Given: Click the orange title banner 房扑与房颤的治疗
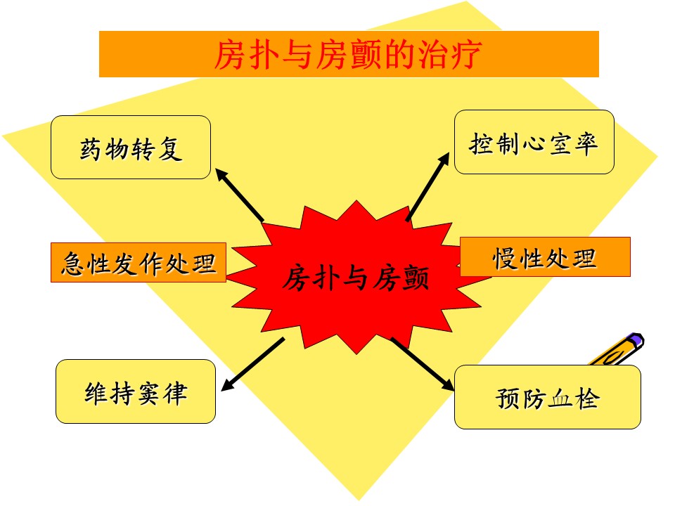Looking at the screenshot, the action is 349,54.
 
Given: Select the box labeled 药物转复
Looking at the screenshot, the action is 131,147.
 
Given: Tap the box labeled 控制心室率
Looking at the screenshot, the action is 534,142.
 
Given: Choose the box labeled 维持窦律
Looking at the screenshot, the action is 136,391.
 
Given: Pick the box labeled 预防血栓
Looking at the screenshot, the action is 548,397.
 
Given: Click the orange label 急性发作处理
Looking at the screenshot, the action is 139,262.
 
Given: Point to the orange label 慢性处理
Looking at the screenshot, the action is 545,257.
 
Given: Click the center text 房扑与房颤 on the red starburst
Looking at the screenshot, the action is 356,278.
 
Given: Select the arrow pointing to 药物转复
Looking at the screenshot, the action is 239,195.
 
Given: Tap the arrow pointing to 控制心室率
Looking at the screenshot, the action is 428,187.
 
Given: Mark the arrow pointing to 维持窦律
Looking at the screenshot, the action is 252,364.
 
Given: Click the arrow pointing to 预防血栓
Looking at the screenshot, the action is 423,365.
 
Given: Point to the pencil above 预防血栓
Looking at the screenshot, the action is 617,349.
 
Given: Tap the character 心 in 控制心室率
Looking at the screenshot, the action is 534,143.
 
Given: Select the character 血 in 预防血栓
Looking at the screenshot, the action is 560,398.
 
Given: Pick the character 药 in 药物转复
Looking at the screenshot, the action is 91,149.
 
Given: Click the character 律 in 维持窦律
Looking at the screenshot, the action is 176,393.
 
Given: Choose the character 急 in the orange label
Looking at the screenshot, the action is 74,264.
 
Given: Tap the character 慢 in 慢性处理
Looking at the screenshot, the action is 506,258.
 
